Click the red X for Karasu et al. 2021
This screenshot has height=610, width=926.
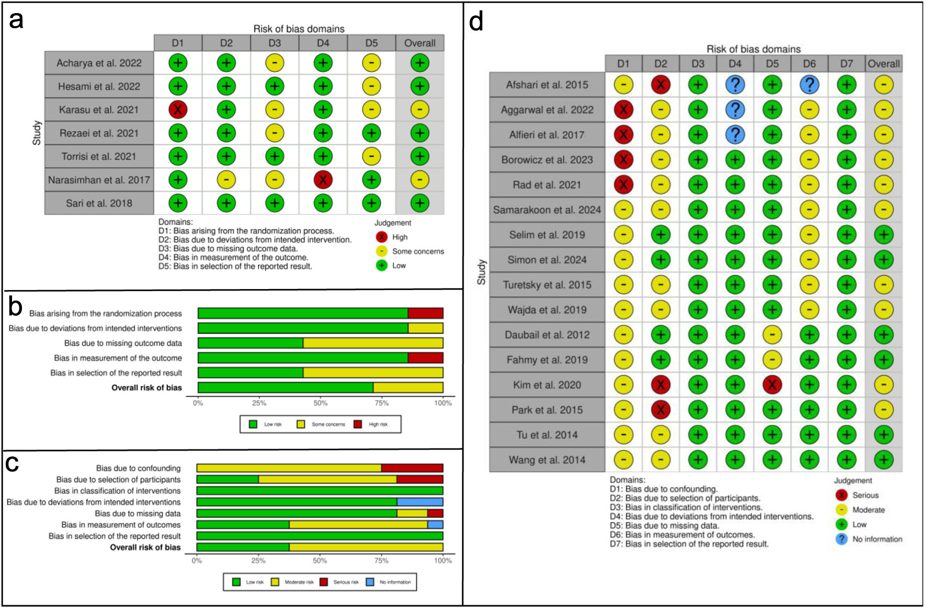coord(178,110)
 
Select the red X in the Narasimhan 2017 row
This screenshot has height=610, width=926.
coord(323,180)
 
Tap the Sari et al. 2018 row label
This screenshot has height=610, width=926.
coord(99,203)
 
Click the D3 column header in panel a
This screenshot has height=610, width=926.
coord(274,43)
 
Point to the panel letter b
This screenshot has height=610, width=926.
coord(15,307)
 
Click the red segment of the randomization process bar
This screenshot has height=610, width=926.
coord(425,313)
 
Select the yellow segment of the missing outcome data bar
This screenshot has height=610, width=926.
coord(373,343)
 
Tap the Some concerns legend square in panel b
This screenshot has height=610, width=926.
coord(301,424)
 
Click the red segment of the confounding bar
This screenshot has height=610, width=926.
coord(412,468)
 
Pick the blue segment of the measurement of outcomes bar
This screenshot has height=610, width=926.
coord(435,525)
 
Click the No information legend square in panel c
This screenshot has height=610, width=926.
coord(370,582)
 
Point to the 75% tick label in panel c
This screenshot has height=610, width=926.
coord(381,561)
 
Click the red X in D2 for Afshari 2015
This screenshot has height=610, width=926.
coord(661,85)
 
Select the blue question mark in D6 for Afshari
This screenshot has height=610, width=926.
coord(809,85)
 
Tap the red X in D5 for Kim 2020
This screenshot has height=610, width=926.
coord(772,385)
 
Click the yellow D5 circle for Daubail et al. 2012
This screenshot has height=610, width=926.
coord(772,335)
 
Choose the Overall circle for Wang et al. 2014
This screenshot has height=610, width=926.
coord(884,460)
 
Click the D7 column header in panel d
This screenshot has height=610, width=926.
coord(847,64)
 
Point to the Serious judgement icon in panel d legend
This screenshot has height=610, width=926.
coord(841,495)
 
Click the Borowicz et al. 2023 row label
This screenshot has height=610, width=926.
coord(547,160)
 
